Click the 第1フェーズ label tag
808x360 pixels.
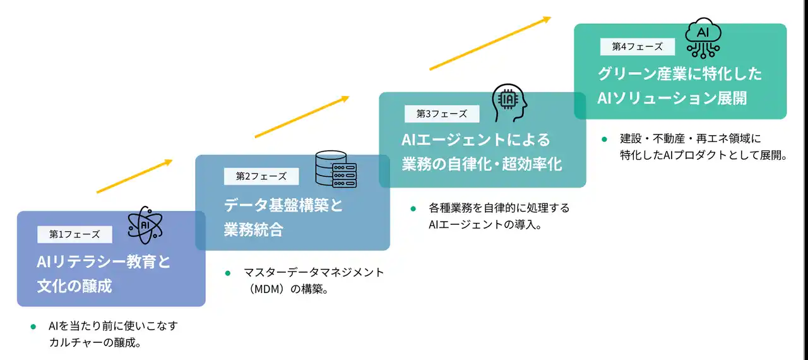click(74, 234)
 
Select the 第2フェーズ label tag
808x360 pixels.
click(261, 176)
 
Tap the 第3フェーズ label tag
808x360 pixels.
click(442, 114)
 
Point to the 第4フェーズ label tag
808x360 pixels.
click(638, 47)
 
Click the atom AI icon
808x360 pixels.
click(145, 225)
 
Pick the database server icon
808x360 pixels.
click(336, 169)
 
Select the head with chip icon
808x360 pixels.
click(509, 103)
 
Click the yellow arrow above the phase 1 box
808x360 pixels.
click(134, 176)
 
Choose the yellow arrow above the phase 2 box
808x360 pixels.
click(302, 117)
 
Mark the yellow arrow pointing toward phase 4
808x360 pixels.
click(490, 44)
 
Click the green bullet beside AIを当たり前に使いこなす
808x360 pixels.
click(33, 327)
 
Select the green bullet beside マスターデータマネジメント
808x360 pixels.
click(228, 273)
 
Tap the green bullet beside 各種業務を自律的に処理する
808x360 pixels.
click(413, 209)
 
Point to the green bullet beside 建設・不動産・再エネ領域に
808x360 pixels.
click(605, 140)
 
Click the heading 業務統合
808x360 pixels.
click(254, 230)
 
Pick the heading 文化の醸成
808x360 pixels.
click(74, 286)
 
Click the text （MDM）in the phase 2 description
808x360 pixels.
click(266, 289)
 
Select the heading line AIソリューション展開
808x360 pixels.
click(672, 98)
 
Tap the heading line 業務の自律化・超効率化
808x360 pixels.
click(482, 164)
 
